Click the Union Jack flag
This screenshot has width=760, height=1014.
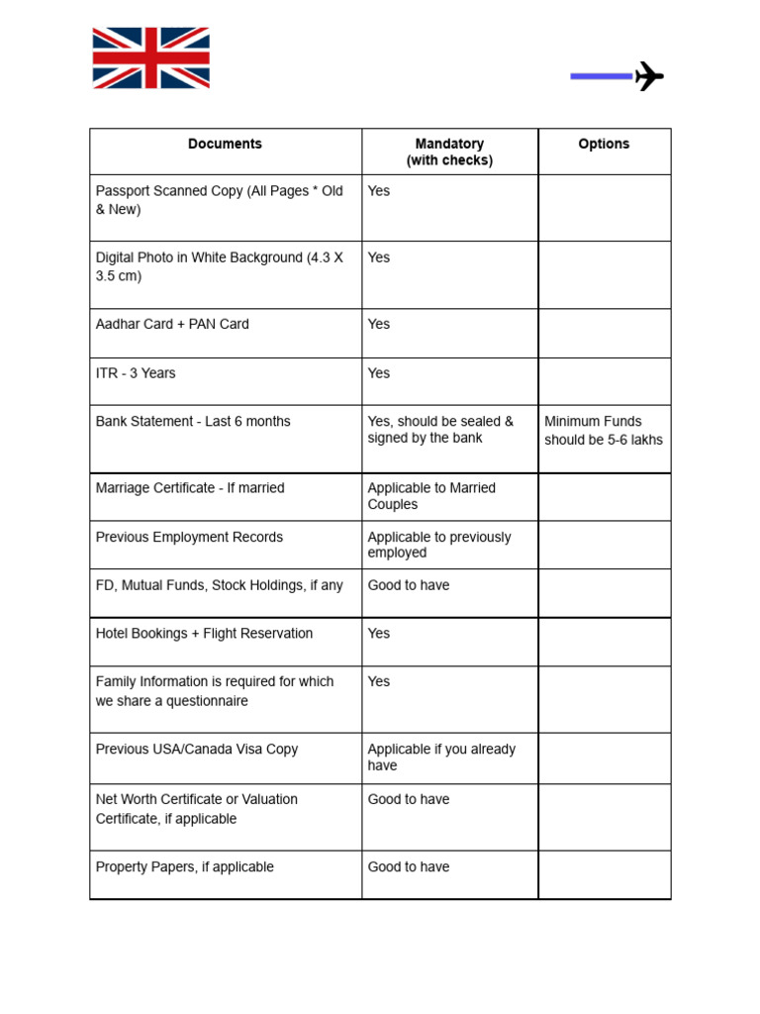(x=150, y=58)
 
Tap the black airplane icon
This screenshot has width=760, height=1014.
(x=648, y=75)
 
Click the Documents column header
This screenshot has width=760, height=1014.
(x=225, y=145)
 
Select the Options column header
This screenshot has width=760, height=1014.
(x=604, y=145)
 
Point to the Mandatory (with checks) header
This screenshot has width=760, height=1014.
(x=449, y=152)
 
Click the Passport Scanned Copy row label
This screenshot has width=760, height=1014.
(x=219, y=200)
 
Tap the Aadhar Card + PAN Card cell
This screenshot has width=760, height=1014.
(x=172, y=325)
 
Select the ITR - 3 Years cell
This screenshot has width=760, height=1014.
(x=136, y=373)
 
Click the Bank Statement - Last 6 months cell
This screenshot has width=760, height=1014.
(x=193, y=422)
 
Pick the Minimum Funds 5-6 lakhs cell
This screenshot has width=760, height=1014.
(x=603, y=431)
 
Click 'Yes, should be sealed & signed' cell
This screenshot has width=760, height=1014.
(x=440, y=430)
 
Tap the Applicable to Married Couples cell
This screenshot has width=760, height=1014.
(x=431, y=496)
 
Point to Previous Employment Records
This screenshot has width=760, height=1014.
(x=189, y=538)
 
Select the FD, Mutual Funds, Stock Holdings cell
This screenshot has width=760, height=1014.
(x=219, y=586)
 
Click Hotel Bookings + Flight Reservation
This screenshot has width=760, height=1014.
(x=204, y=634)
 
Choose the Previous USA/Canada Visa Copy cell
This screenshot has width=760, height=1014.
(x=196, y=750)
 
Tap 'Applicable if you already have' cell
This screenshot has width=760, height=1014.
(x=441, y=758)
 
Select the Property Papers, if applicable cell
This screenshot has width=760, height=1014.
(x=184, y=867)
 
